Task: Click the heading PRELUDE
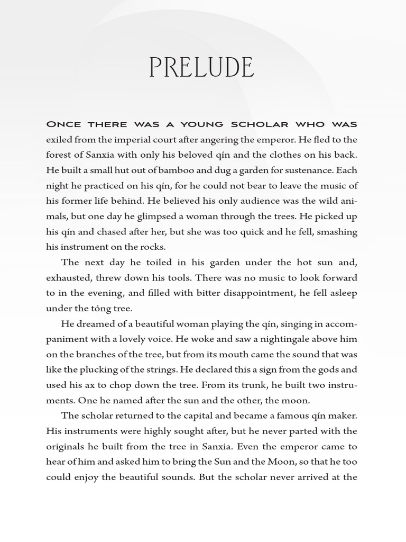(x=201, y=68)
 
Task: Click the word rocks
(x=154, y=247)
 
